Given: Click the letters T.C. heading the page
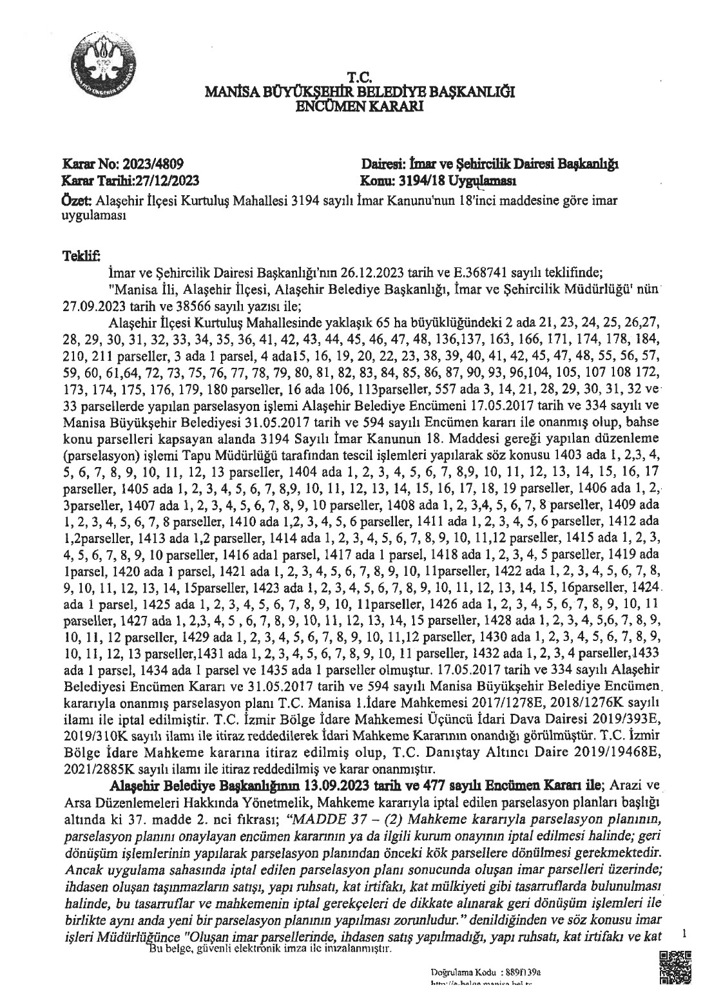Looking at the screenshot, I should click(x=358, y=77).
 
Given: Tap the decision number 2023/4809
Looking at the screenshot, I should click(x=160, y=166).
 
